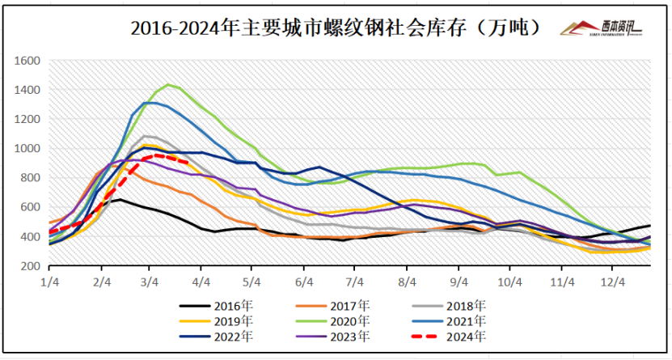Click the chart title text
(x=335, y=28)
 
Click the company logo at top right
(x=602, y=28)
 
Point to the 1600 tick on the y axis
(x=28, y=61)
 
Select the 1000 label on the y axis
(x=28, y=149)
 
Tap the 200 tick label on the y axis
(x=31, y=266)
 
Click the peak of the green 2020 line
(x=168, y=84)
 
